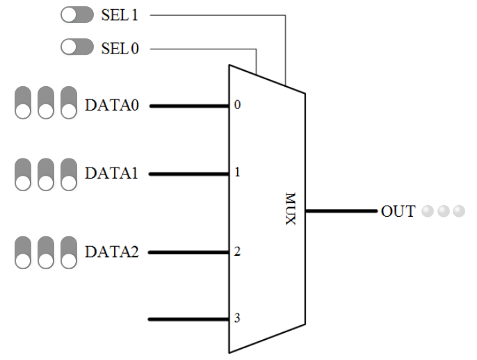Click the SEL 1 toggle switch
(76, 15)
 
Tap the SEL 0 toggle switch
(76, 48)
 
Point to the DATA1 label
(111, 173)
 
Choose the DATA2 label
(111, 252)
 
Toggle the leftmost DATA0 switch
(23, 103)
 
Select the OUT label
(398, 211)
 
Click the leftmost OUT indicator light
(428, 211)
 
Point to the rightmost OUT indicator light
(458, 211)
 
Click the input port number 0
(237, 106)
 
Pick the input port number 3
(237, 319)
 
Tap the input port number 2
(237, 252)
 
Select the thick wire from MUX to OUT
(341, 210)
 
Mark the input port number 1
(237, 172)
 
